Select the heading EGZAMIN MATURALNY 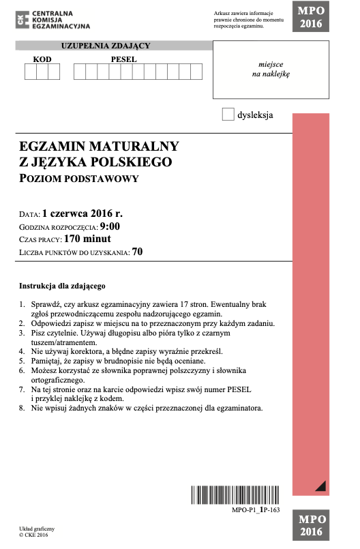(100, 146)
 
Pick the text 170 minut (87, 239)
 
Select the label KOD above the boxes (42, 59)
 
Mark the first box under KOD (31, 72)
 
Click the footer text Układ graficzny (37, 528)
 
